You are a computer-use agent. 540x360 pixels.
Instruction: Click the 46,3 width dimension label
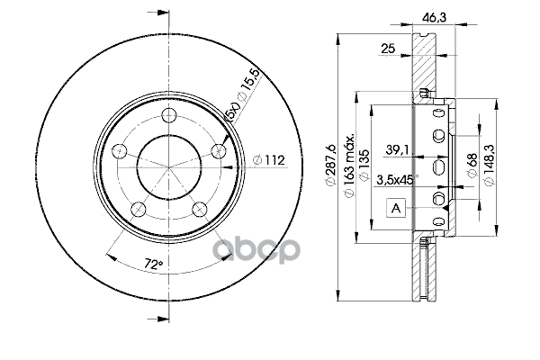click(x=435, y=18)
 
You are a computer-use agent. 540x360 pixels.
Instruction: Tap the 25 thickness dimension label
click(x=388, y=49)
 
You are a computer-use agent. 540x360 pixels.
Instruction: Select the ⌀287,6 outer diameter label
click(x=330, y=165)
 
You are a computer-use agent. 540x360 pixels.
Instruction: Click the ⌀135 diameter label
click(x=364, y=165)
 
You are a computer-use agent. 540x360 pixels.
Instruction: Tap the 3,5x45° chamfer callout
click(x=397, y=179)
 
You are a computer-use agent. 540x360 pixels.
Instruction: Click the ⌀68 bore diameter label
click(x=472, y=165)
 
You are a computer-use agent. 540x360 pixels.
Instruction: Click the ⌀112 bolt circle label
click(x=269, y=160)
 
